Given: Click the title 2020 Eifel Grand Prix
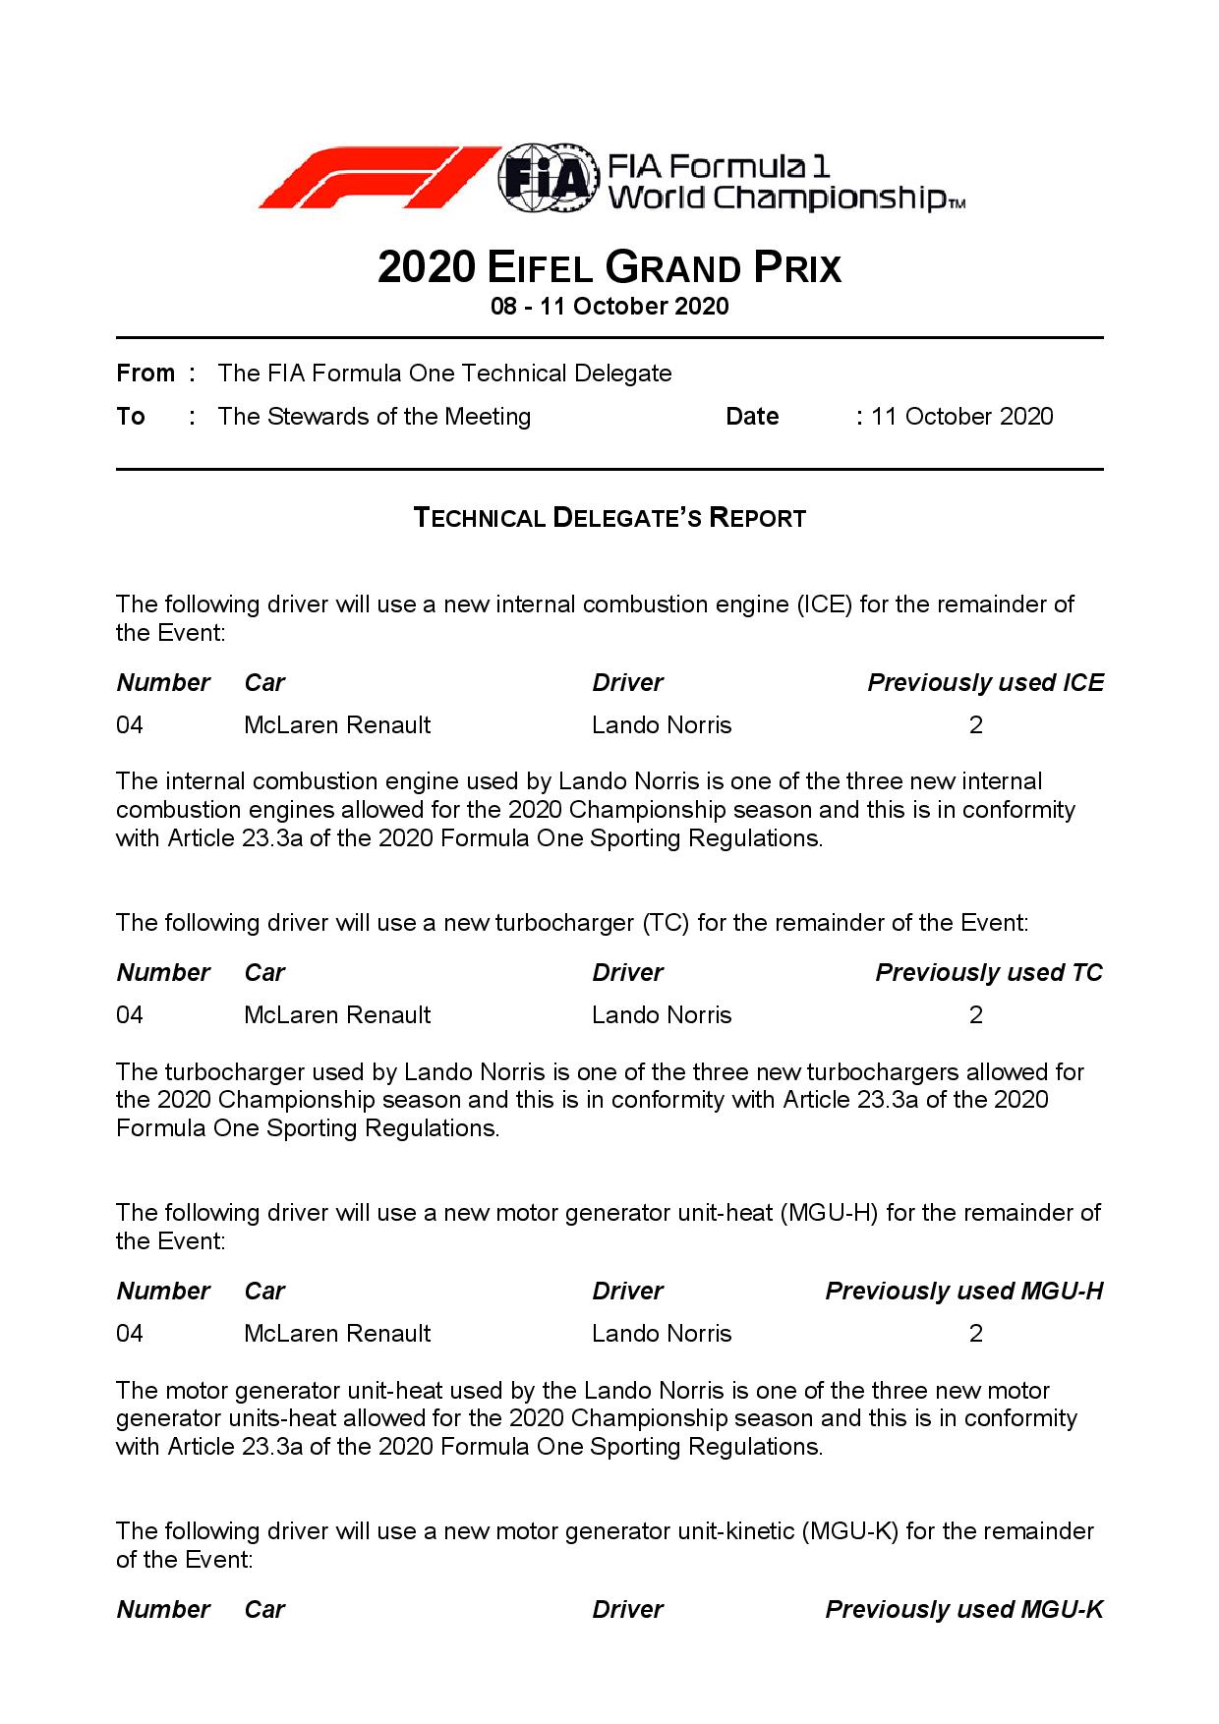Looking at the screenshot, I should click(609, 267).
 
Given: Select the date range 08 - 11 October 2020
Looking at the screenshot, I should click(609, 307).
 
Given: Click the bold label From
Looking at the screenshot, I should click(145, 374).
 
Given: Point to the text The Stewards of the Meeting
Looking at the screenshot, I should click(374, 417).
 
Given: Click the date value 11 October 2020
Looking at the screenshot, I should click(961, 417).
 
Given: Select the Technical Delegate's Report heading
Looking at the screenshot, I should click(609, 518).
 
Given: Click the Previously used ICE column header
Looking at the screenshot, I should click(985, 683).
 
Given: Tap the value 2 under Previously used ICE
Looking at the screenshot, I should click(975, 725).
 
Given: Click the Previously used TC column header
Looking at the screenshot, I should click(989, 973).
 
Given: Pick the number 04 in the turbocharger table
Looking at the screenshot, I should click(130, 1015).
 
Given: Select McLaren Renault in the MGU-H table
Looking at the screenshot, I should click(337, 1334).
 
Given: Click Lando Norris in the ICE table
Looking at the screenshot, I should click(662, 725).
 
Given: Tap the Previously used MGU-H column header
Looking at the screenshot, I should click(963, 1292).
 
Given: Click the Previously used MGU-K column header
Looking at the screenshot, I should click(963, 1610).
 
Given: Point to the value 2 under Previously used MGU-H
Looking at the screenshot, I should click(975, 1334).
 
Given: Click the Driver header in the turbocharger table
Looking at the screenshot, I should click(627, 973).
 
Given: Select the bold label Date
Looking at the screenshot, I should click(752, 417).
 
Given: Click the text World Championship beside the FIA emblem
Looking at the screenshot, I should click(777, 200).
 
